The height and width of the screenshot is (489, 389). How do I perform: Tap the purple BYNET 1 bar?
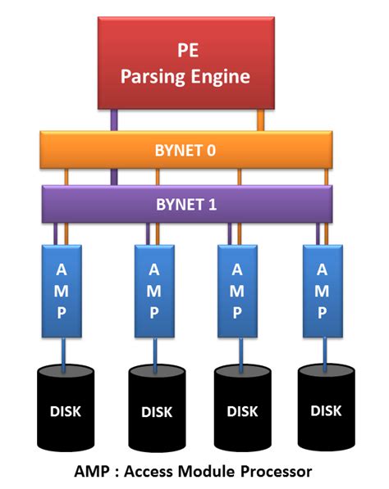coord(185,203)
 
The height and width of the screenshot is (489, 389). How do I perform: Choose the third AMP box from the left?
coord(238,290)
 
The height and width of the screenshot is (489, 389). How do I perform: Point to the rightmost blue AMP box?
coord(322,290)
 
